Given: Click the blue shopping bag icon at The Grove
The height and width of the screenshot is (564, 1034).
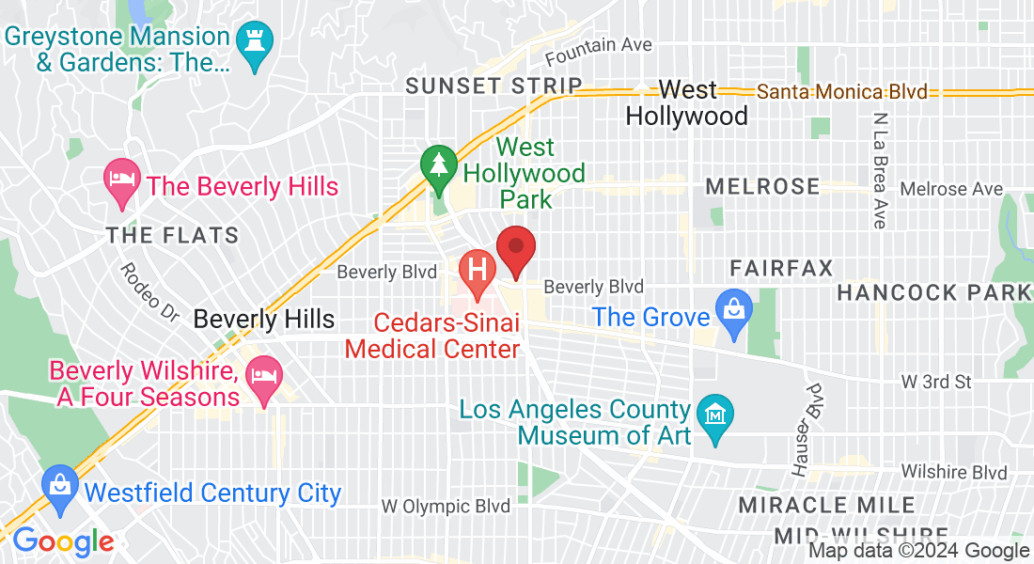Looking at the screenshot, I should pyautogui.click(x=729, y=307).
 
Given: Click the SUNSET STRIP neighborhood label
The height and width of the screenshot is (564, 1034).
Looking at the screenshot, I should pyautogui.click(x=494, y=86).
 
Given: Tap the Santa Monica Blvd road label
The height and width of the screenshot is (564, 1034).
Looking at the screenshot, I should pyautogui.click(x=842, y=92).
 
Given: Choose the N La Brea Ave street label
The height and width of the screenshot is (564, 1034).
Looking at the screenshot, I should pyautogui.click(x=880, y=171).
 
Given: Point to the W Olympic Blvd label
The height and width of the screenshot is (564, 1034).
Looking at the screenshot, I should pyautogui.click(x=446, y=506).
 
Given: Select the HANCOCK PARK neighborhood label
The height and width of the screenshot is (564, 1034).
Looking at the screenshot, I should pyautogui.click(x=933, y=292).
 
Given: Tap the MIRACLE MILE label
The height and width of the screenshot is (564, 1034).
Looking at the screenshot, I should pyautogui.click(x=826, y=505).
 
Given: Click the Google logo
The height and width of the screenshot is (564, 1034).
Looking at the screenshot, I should pyautogui.click(x=63, y=541).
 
